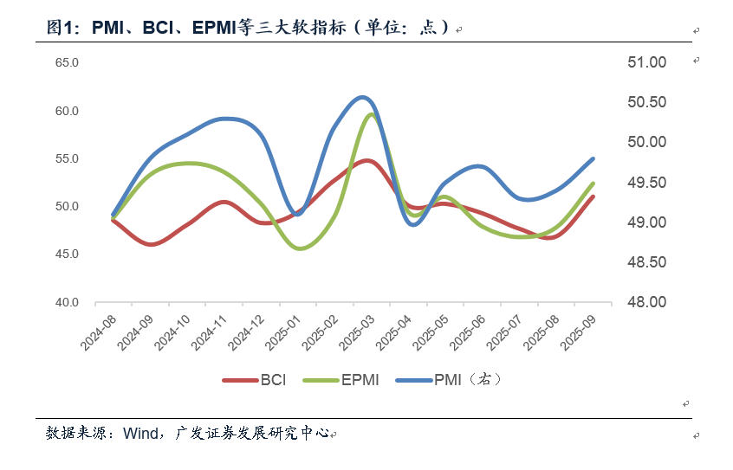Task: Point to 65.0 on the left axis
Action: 67,63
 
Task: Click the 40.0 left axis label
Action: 67,302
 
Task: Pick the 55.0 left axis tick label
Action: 67,159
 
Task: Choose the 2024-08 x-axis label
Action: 100,332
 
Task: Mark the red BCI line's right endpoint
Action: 593,196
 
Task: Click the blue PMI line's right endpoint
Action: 593,158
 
